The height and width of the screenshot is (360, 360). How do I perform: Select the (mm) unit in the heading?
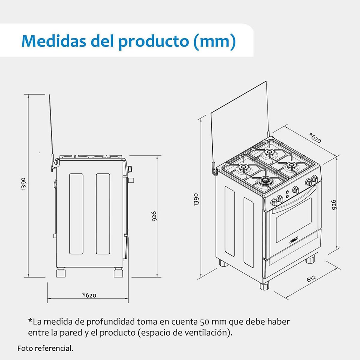coord(214,41)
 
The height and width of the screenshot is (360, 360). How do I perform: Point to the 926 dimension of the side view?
coord(154,216)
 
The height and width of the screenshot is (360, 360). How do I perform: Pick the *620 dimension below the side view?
coord(89,295)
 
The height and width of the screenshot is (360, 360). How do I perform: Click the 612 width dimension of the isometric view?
coord(311,279)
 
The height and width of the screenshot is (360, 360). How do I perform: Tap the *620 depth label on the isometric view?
coord(315,137)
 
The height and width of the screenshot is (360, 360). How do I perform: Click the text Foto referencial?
coord(45,348)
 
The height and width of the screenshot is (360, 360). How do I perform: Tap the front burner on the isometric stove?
coord(265,181)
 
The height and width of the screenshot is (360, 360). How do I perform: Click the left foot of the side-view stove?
coord(61,273)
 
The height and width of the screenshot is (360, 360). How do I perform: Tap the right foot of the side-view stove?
coord(118,273)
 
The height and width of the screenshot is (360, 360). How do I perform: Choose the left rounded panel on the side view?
coord(76,213)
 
